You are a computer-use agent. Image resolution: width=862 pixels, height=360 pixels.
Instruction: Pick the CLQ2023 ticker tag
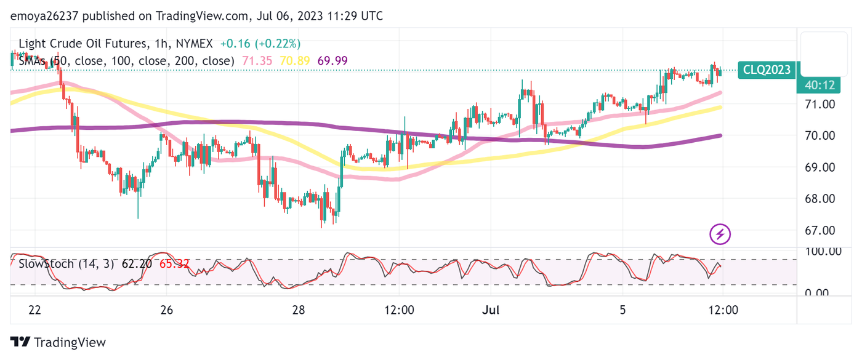click(767, 70)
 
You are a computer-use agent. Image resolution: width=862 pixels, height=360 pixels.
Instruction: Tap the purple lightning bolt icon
click(720, 234)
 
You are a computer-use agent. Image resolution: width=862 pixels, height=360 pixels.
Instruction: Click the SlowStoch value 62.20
click(137, 264)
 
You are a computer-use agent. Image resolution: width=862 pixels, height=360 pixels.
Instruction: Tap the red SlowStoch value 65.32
click(174, 264)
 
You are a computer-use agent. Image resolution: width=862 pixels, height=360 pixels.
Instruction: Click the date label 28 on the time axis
click(299, 310)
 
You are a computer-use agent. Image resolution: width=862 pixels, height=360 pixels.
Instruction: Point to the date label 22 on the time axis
click(34, 310)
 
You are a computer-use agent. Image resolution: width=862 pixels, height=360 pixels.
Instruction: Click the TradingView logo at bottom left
click(58, 343)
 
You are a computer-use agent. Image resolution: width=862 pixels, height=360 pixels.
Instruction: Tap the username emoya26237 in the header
click(49, 16)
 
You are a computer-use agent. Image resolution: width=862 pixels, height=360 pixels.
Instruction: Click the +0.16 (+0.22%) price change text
click(260, 44)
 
